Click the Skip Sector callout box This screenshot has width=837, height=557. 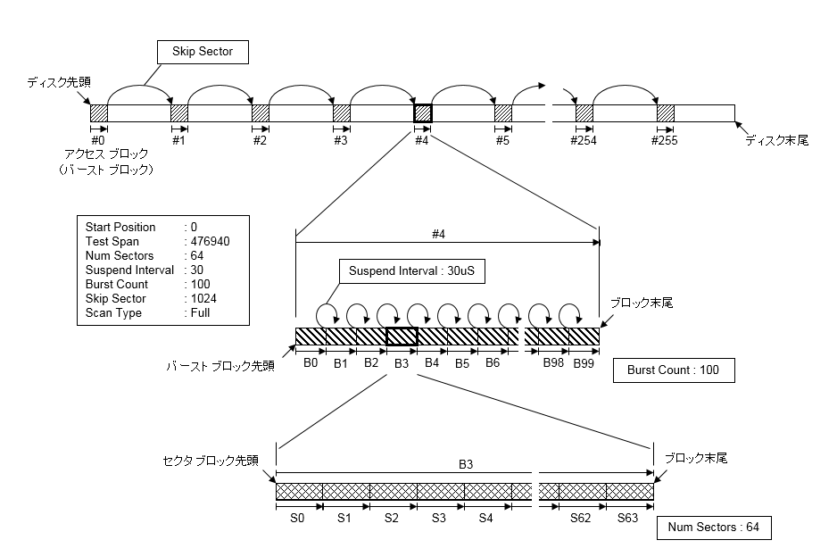202,52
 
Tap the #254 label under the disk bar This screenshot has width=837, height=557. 584,140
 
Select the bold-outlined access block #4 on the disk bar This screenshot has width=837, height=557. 422,113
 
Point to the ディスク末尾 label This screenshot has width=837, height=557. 776,139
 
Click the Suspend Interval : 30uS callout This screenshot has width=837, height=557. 411,271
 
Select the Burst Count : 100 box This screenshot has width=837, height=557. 674,370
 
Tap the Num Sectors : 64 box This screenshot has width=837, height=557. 713,528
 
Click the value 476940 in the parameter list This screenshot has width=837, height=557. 210,241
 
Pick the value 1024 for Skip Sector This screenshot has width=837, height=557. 204,298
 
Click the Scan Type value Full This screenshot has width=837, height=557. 200,312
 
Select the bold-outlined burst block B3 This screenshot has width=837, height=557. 402,336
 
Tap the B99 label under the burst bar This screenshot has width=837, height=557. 584,363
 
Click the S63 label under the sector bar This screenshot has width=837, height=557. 628,517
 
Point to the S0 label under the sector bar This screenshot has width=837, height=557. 298,517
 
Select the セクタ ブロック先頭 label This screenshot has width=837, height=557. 211,461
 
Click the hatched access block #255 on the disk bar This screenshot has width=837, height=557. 666,113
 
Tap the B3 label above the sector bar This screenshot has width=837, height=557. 466,464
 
